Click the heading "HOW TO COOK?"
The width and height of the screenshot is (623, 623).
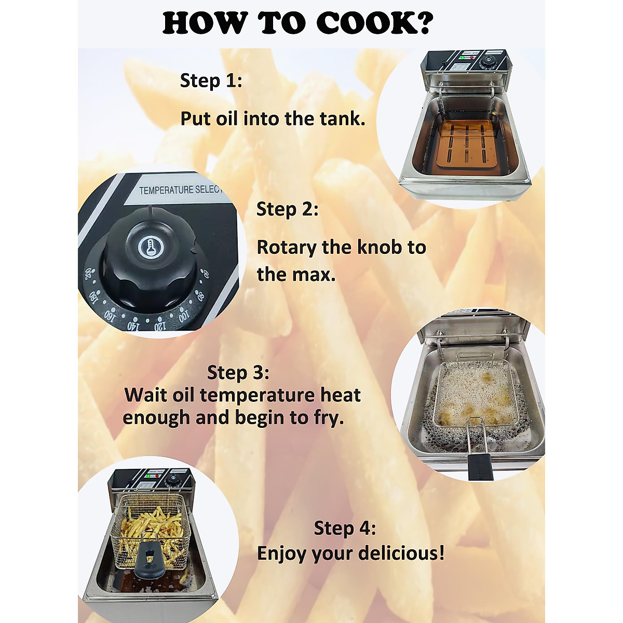[297, 23]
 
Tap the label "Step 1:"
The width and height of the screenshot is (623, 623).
[211, 81]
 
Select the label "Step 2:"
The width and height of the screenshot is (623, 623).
[287, 209]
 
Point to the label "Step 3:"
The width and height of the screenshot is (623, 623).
[238, 373]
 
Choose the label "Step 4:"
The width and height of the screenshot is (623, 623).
[345, 529]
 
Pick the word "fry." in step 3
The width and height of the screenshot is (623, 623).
[329, 418]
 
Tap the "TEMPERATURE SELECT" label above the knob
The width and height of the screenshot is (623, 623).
[180, 190]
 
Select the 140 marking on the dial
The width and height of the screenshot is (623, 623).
[133, 326]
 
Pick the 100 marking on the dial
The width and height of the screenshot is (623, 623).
[184, 316]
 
